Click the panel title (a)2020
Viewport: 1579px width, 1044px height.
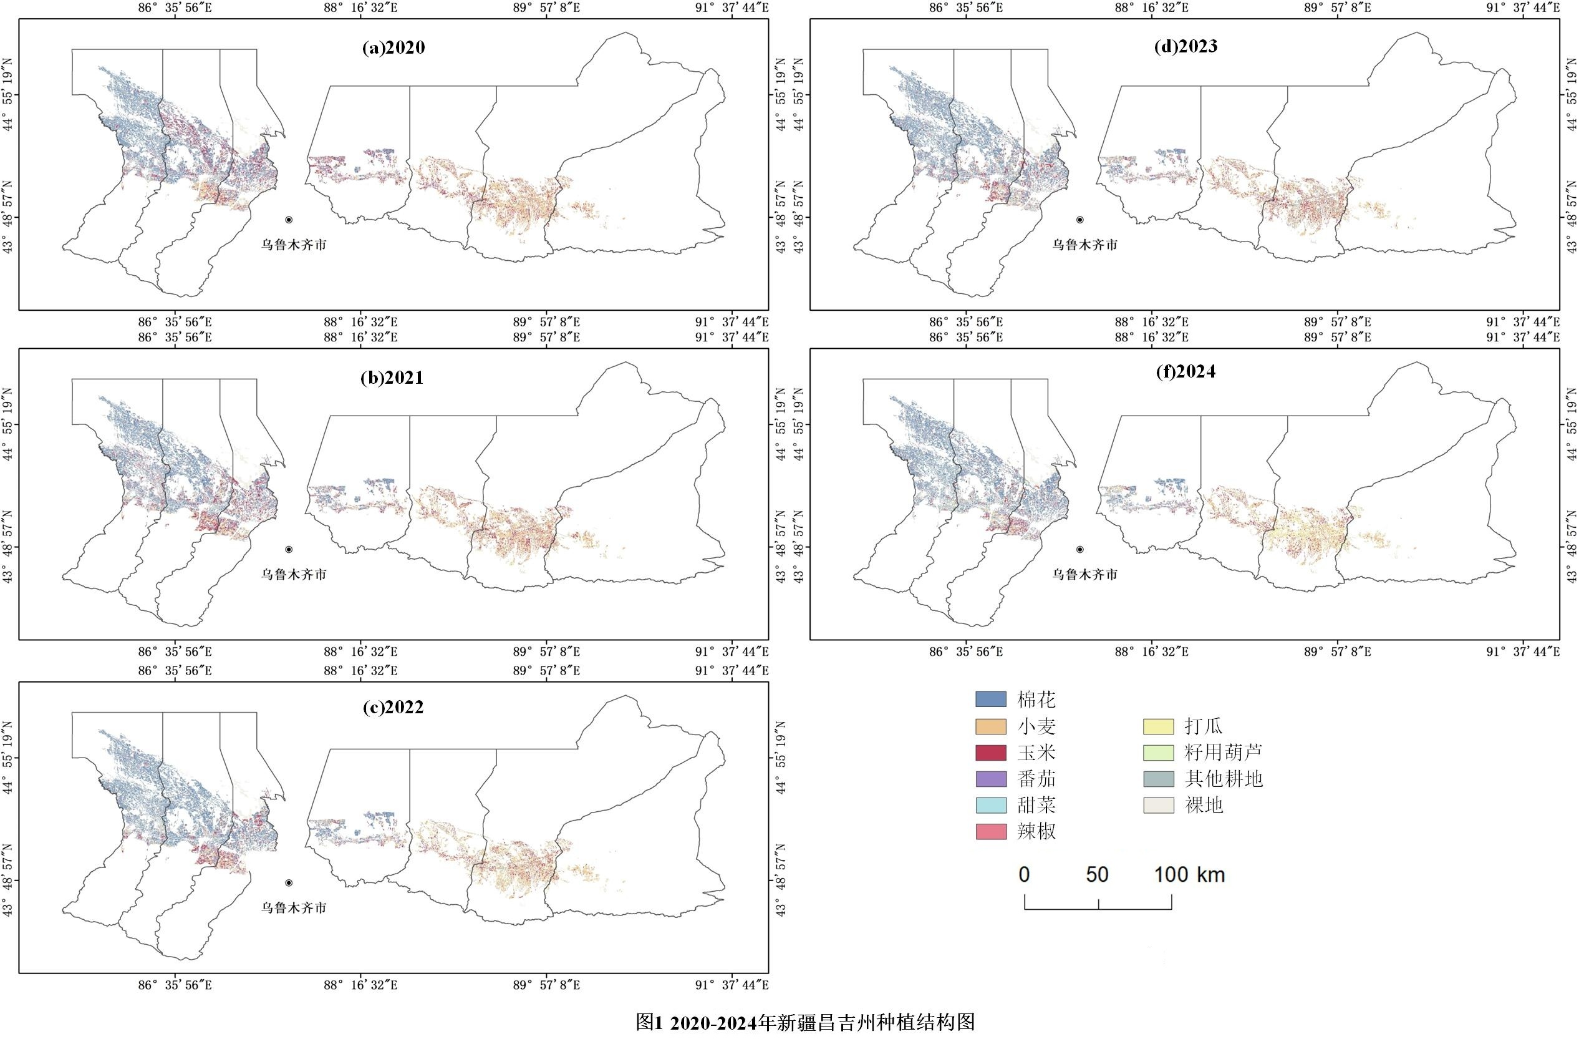[394, 48]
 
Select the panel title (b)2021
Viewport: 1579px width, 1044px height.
[392, 378]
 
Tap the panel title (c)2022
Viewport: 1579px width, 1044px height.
[393, 707]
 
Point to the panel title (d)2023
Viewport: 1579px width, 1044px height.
[1185, 46]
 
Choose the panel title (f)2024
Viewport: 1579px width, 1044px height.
[1185, 371]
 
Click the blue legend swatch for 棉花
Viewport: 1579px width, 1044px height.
[990, 699]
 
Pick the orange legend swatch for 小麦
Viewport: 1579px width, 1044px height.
[990, 726]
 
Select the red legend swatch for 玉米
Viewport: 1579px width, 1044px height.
[990, 753]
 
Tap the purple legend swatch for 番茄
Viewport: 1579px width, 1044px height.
[990, 778]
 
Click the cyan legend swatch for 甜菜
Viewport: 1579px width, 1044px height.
[990, 805]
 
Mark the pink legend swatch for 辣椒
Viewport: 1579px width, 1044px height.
[990, 831]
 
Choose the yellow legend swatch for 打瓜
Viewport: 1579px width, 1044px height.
[1158, 726]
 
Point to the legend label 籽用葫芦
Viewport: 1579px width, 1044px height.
[1223, 753]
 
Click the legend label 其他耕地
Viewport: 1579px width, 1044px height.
[1223, 778]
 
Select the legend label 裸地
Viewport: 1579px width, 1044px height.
[1204, 805]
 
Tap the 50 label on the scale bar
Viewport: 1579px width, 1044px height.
[1097, 874]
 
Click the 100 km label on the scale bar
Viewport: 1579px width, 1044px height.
[1189, 874]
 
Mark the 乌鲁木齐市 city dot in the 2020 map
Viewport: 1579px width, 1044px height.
[289, 220]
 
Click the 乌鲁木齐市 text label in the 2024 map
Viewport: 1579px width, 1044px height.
[1084, 574]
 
